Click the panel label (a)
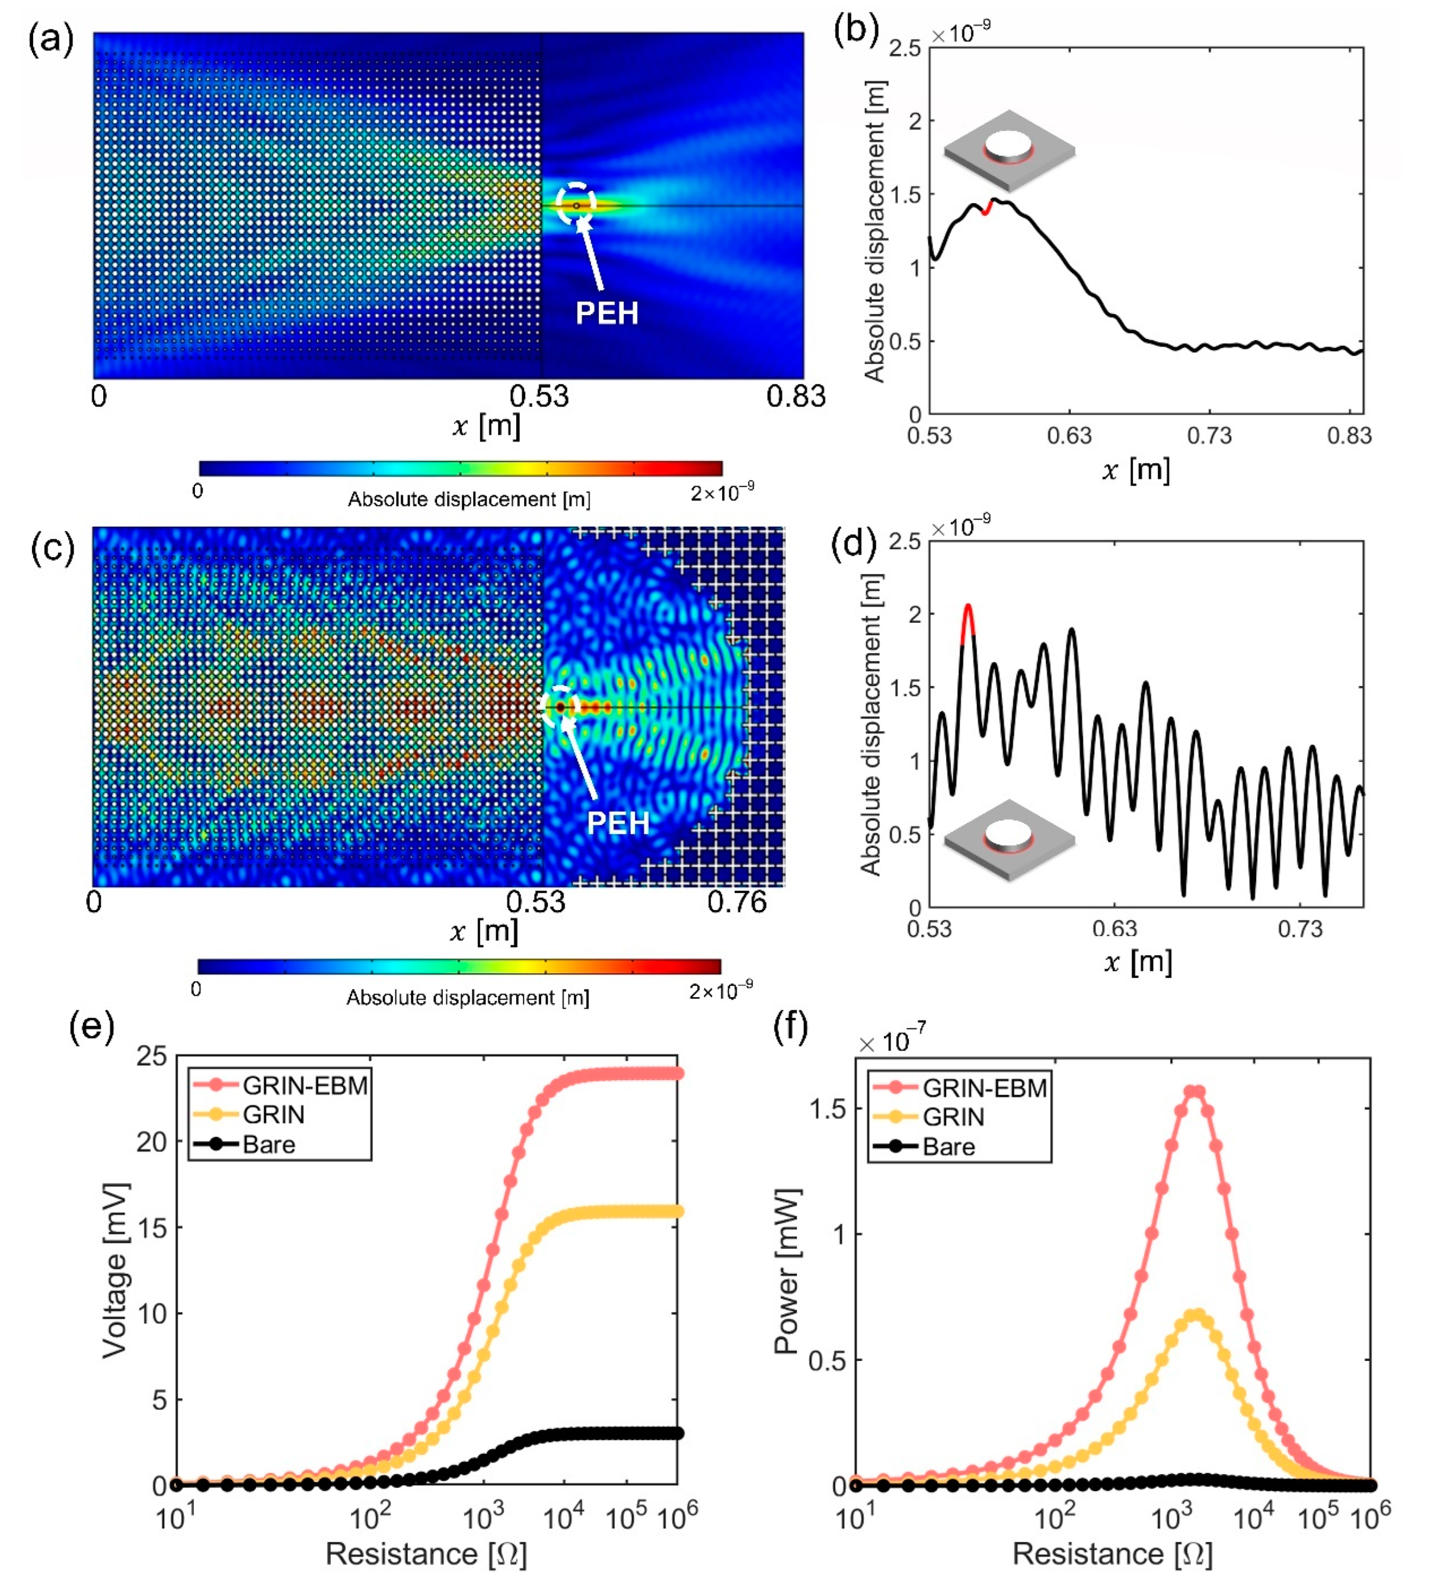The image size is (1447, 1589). point(50,39)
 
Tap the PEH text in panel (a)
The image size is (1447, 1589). point(606,313)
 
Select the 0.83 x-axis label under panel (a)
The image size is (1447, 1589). point(795,396)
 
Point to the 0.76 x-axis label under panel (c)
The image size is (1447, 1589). point(736,902)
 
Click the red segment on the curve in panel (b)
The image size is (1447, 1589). point(986,207)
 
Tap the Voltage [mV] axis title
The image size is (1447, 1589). point(115,1270)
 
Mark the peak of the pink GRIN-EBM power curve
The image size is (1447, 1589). point(1196,1092)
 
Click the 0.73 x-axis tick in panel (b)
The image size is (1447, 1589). point(1209,435)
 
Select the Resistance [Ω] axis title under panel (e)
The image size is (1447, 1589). point(426,1554)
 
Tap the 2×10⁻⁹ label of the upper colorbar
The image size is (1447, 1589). point(721,492)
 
